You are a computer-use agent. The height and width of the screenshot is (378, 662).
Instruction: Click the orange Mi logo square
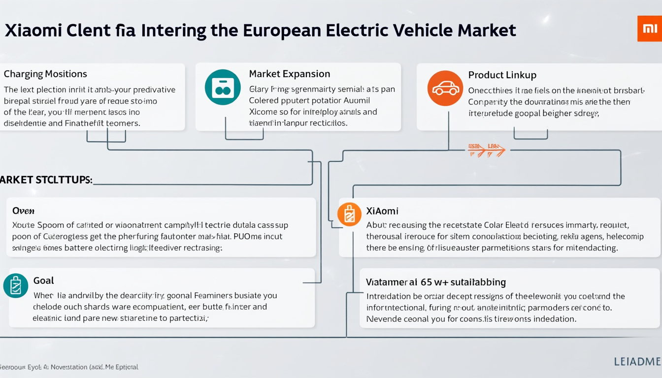(x=649, y=29)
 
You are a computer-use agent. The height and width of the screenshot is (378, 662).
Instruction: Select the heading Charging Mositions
(x=45, y=74)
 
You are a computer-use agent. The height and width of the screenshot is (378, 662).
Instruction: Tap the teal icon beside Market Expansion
(x=223, y=87)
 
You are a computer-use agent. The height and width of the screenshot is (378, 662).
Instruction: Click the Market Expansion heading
(x=289, y=74)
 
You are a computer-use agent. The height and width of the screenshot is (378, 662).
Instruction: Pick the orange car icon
(x=445, y=89)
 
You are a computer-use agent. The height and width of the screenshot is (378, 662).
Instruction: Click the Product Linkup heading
(x=502, y=75)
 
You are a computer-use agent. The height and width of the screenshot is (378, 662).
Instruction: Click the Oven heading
(x=23, y=211)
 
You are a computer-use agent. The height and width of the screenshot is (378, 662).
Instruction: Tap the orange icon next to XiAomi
(x=349, y=215)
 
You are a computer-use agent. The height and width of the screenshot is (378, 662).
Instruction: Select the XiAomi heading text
(x=382, y=211)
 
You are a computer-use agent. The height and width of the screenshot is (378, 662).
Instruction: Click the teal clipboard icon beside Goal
(x=15, y=285)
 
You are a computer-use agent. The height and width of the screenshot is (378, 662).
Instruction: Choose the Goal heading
(x=43, y=281)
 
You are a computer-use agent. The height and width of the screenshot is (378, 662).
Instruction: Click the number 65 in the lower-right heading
(x=427, y=282)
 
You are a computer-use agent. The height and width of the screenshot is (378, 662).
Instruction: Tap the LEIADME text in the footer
(x=637, y=362)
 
